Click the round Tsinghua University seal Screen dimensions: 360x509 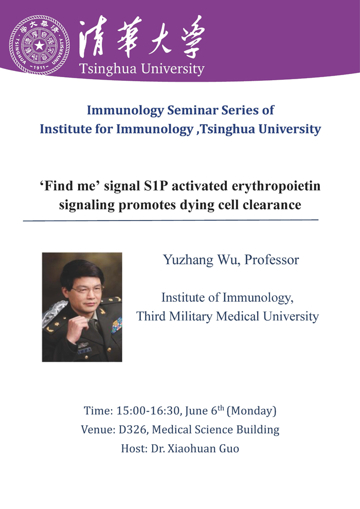pyautogui.click(x=39, y=45)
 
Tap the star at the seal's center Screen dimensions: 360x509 pyautogui.click(x=39, y=45)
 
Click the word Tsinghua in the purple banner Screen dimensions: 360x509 pyautogui.click(x=108, y=69)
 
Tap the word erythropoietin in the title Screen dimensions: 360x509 pyautogui.click(x=276, y=186)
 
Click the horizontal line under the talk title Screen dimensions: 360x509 pyautogui.click(x=171, y=221)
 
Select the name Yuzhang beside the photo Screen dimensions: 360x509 pyautogui.click(x=188, y=260)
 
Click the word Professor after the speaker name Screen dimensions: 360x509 pyautogui.click(x=272, y=260)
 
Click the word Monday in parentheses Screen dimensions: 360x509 pyautogui.click(x=251, y=411)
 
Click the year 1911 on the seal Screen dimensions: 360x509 pyautogui.click(x=39, y=67)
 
